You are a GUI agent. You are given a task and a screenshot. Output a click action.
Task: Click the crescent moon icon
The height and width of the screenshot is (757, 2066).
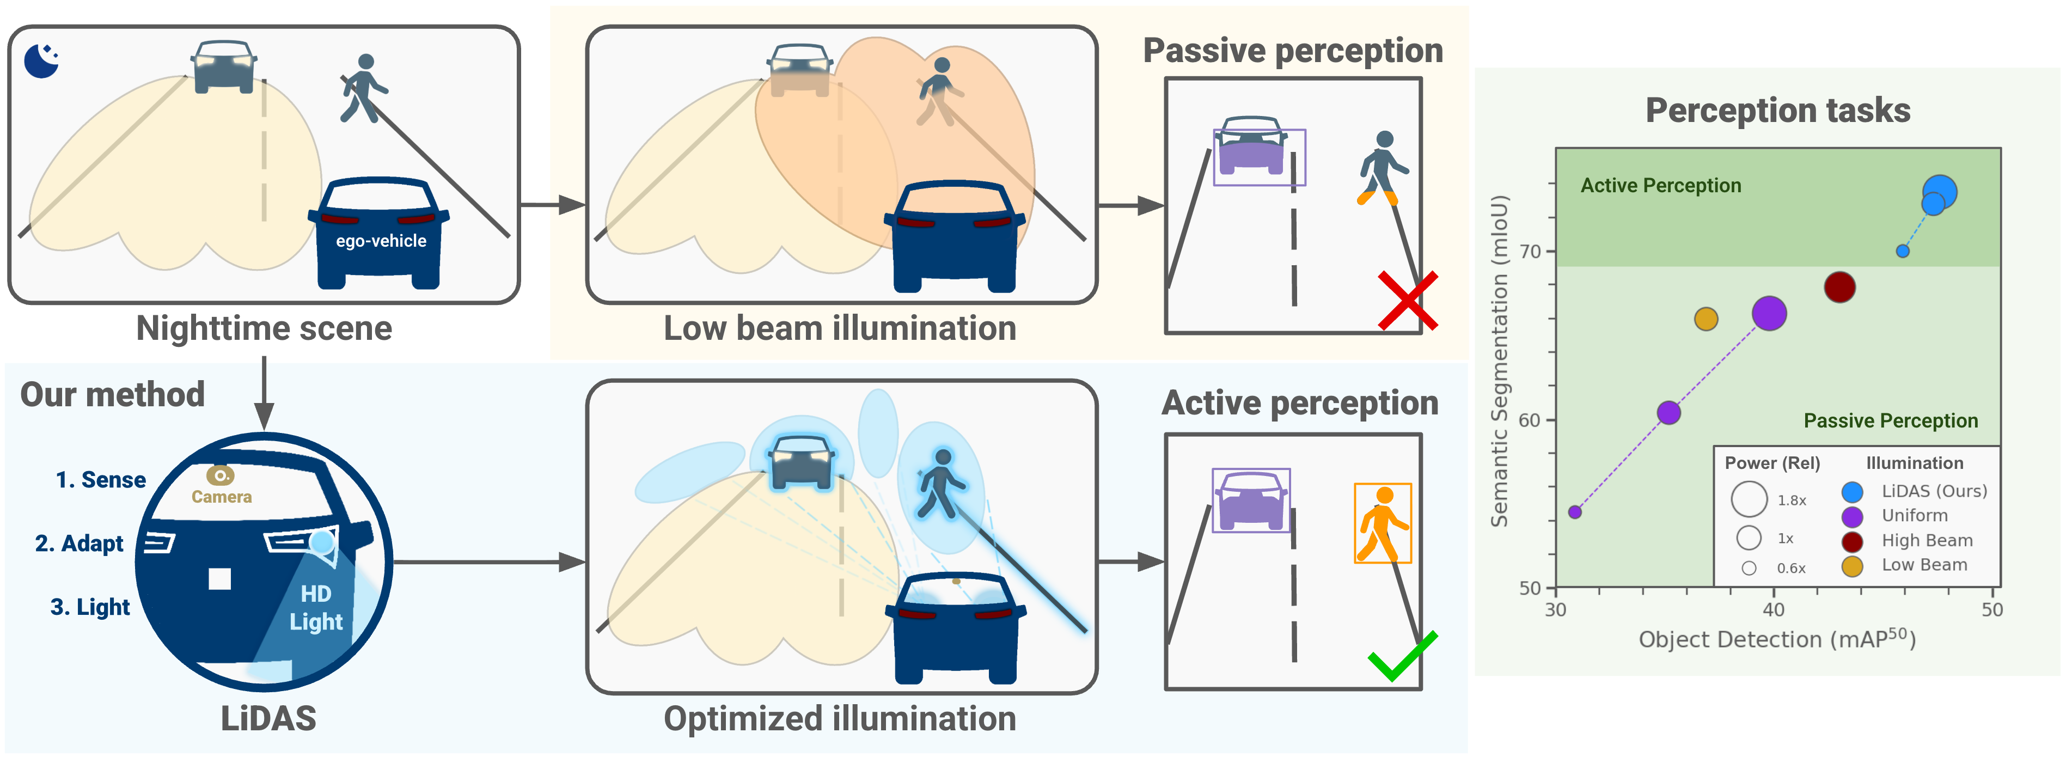[x=41, y=61]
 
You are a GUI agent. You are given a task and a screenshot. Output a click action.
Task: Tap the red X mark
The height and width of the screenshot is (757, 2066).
[x=1408, y=301]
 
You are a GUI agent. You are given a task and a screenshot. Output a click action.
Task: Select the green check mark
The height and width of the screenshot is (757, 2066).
[x=1401, y=656]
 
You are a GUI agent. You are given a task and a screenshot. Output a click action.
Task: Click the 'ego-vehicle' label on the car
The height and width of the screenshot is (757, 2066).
[x=381, y=241]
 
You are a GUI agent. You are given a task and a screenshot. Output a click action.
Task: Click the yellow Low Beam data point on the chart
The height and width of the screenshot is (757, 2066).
[x=1706, y=319]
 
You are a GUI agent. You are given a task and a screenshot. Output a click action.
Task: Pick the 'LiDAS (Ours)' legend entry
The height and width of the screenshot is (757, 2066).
[x=1934, y=491]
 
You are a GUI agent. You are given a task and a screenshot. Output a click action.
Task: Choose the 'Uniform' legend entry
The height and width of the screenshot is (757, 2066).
[x=1914, y=516]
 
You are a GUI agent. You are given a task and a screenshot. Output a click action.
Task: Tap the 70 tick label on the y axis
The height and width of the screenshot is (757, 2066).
[x=1530, y=252]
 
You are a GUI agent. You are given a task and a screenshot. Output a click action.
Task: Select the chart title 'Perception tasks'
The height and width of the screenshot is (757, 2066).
[x=1777, y=111]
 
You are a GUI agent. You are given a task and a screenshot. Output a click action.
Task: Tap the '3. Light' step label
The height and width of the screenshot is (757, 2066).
[x=90, y=607]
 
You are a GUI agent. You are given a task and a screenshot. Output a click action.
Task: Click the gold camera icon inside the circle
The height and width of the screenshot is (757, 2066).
[x=220, y=475]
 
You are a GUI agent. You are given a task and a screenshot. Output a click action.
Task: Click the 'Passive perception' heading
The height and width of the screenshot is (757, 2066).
[x=1292, y=51]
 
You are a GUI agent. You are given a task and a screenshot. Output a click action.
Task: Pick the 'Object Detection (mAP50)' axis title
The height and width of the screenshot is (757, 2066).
[x=1776, y=639]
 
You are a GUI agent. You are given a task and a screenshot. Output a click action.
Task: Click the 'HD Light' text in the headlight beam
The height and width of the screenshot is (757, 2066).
[x=316, y=607]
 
